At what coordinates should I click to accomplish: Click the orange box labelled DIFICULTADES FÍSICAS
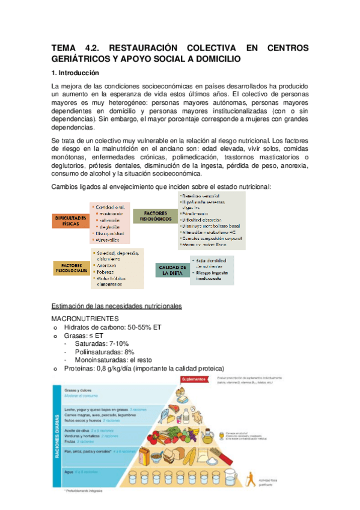pyautogui.click(x=69, y=220)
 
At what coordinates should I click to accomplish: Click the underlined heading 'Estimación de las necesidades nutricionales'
pyautogui.click(x=117, y=306)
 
